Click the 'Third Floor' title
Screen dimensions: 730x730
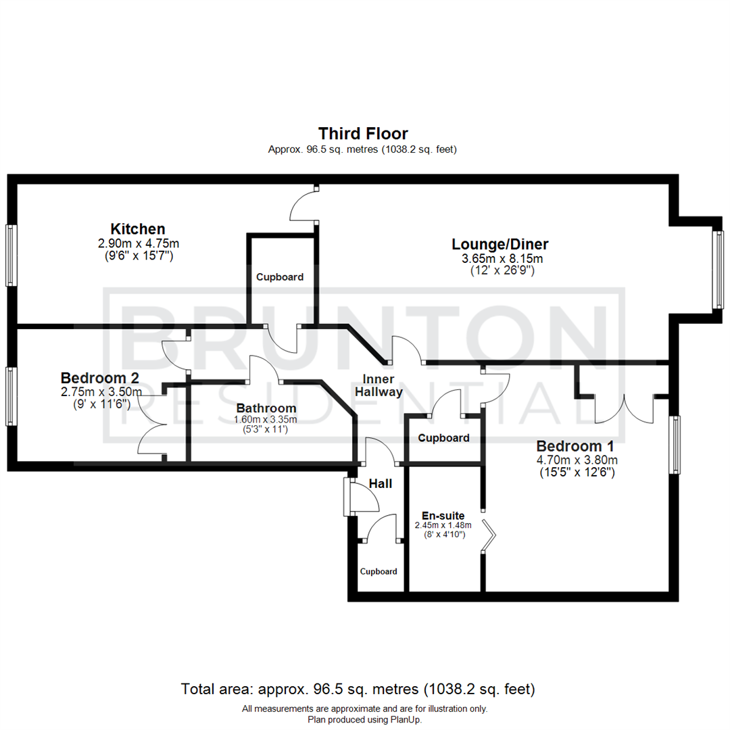pos(363,133)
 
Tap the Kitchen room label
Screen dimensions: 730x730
pos(138,228)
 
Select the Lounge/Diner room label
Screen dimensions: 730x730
pos(500,244)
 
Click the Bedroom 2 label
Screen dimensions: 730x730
pos(100,377)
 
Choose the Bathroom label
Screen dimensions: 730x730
pos(266,408)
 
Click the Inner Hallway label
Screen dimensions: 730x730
pos(382,385)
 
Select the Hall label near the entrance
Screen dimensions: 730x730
pos(381,484)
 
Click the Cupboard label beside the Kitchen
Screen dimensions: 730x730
pos(279,277)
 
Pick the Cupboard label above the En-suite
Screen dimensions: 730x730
pos(443,438)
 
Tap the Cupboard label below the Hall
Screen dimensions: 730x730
pos(379,571)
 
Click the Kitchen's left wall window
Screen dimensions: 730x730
pos(10,255)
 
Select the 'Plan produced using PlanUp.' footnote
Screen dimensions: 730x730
pos(364,720)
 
